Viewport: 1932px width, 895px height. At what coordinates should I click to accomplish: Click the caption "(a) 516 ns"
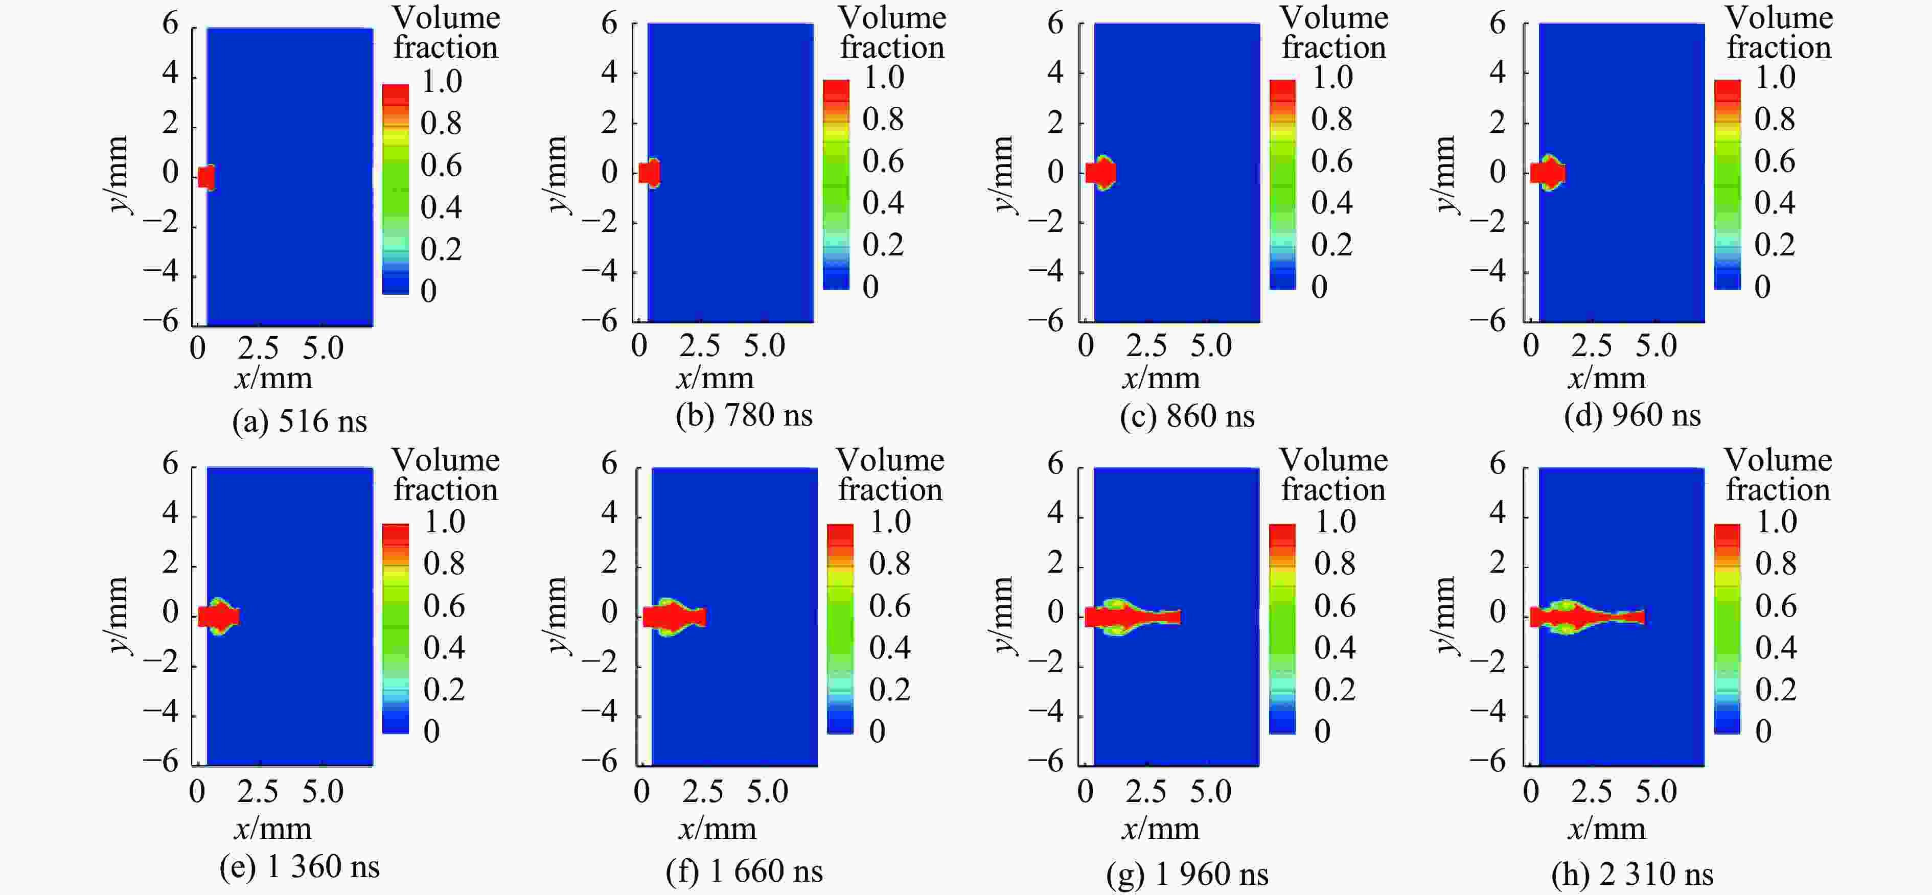pos(299,421)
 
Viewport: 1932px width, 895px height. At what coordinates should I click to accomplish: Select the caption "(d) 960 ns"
pos(1632,415)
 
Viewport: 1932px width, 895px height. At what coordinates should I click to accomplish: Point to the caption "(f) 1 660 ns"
pos(744,871)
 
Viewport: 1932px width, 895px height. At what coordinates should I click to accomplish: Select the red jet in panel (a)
pos(206,178)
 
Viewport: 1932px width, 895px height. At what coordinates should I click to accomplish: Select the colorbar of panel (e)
pos(395,628)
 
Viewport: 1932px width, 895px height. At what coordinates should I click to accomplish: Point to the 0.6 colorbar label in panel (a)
pos(441,165)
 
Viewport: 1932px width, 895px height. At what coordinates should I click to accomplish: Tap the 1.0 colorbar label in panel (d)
pos(1775,77)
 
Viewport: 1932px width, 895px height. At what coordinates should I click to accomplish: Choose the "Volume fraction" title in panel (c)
pos(1333,32)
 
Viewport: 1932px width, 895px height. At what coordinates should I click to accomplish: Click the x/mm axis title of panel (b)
pos(715,378)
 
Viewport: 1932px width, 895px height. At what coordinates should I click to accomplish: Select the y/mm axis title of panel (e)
pos(116,615)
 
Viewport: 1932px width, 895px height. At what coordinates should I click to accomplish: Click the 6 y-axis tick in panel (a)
pos(171,24)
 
